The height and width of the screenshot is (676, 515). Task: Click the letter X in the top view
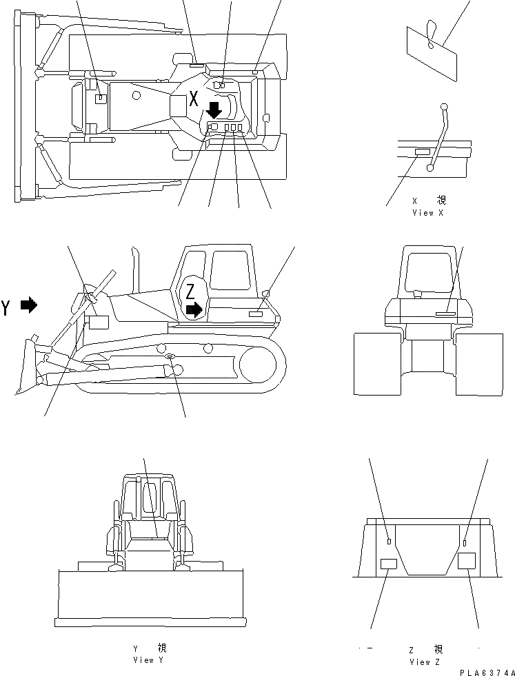tap(194, 98)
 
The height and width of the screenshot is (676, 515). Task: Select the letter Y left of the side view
tap(7, 307)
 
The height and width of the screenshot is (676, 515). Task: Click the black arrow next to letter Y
tap(28, 305)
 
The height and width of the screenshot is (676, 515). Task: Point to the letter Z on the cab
tap(190, 292)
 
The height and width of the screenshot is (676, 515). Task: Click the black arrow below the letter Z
tap(194, 310)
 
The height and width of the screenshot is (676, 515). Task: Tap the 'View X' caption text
tap(427, 213)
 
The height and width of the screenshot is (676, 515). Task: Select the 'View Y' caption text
tap(149, 659)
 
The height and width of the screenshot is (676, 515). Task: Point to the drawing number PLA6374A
tap(487, 670)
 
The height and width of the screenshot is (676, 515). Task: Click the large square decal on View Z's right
tap(467, 560)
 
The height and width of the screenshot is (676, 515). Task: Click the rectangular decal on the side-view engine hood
tap(99, 322)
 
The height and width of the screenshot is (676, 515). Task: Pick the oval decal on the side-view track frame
tap(170, 356)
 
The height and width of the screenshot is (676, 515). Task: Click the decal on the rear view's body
tap(446, 314)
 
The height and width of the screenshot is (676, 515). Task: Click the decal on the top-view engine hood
tap(101, 99)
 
